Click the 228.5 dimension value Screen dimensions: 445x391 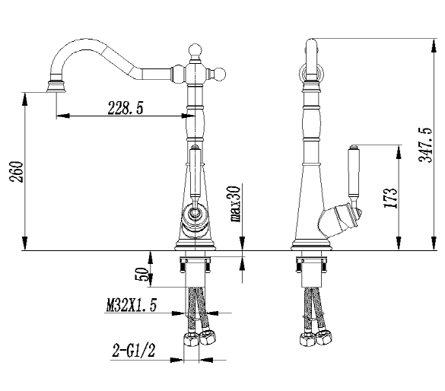tap(126, 108)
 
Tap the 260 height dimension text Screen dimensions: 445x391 tap(17, 172)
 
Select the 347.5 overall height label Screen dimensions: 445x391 tap(425, 145)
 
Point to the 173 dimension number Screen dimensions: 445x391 tap(390, 198)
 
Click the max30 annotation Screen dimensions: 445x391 tap(235, 204)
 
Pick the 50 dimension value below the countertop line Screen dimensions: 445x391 tap(141, 274)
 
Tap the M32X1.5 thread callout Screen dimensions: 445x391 tap(132, 305)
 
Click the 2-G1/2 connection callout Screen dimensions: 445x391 tap(134, 350)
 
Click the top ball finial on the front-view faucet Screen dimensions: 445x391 tap(195, 51)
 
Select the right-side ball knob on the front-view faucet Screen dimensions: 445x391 tap(219, 75)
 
